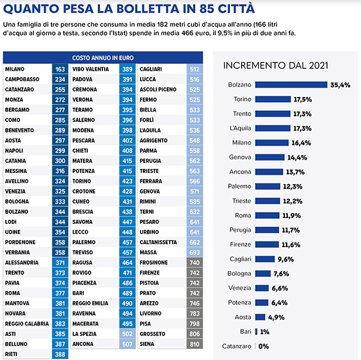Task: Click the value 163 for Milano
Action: tap(60, 70)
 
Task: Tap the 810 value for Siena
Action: tap(195, 345)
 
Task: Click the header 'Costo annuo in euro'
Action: tap(103, 58)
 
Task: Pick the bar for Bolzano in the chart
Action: tap(291, 85)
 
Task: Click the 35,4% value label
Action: tap(341, 85)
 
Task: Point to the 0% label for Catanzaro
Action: tap(263, 346)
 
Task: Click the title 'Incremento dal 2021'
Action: tap(274, 65)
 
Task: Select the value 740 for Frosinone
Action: tap(195, 263)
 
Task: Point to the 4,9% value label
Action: tap(276, 317)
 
